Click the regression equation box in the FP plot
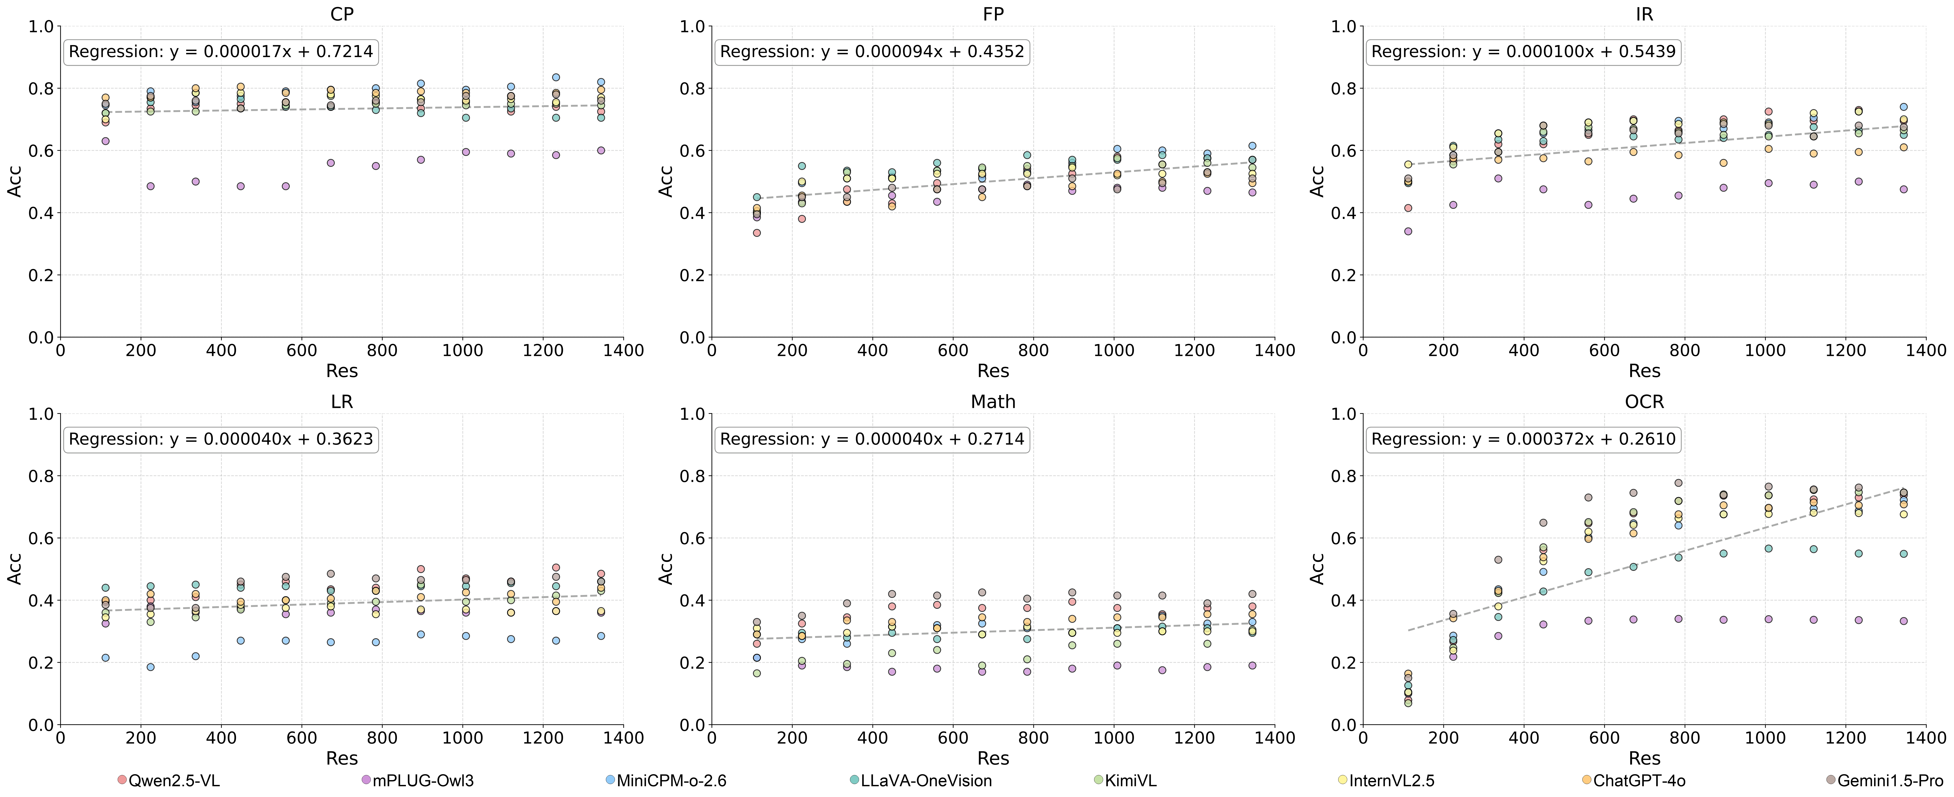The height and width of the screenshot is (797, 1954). pos(872,52)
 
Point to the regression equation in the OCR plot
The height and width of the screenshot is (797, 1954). pos(1523,439)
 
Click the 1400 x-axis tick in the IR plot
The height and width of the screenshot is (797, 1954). pos(1925,350)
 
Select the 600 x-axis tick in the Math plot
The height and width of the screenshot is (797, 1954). pos(953,738)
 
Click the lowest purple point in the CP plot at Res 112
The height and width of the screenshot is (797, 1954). pos(105,141)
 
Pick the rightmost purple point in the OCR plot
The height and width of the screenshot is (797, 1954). pos(1903,621)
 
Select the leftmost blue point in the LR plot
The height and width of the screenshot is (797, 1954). pos(105,657)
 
